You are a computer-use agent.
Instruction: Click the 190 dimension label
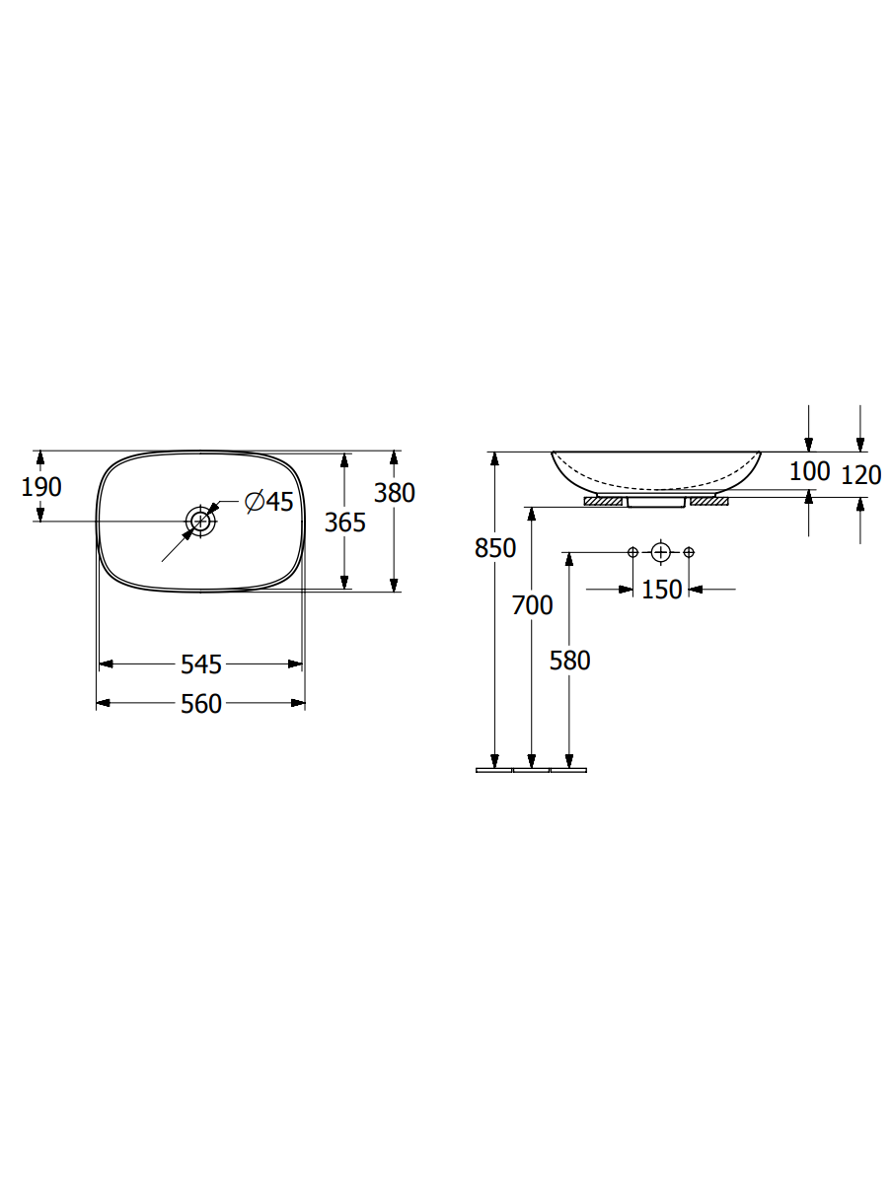pos(41,487)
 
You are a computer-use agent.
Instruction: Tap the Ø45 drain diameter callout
pos(268,502)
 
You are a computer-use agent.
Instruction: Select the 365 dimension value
pos(345,523)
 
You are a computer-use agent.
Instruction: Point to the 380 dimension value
pos(395,493)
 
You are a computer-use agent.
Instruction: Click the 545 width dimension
pos(201,664)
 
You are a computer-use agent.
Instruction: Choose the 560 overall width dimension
pos(201,704)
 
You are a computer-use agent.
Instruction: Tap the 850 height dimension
pos(495,548)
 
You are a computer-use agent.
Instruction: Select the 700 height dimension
pos(532,605)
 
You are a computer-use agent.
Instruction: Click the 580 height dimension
pos(569,661)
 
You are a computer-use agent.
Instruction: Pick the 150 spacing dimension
pos(661,590)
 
